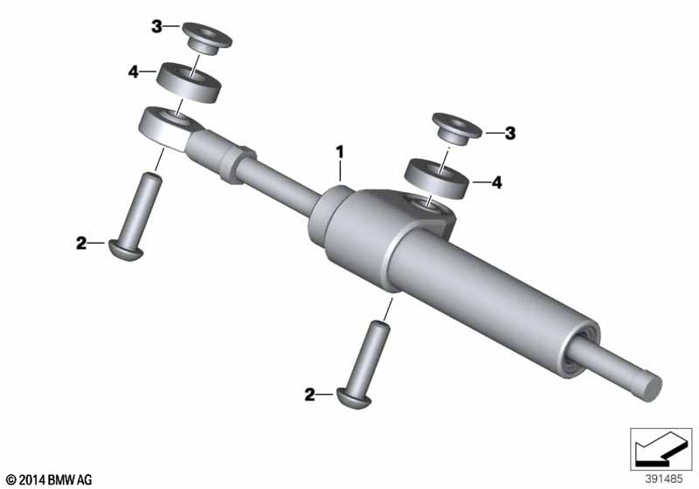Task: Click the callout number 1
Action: [340, 152]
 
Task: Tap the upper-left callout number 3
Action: [156, 27]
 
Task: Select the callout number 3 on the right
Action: [510, 133]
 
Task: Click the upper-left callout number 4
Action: [134, 72]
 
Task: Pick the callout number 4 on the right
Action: [496, 183]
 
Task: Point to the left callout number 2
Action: [81, 243]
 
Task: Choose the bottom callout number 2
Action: [309, 395]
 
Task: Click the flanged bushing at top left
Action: [206, 38]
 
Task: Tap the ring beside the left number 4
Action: [190, 82]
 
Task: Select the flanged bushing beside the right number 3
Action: [457, 129]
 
